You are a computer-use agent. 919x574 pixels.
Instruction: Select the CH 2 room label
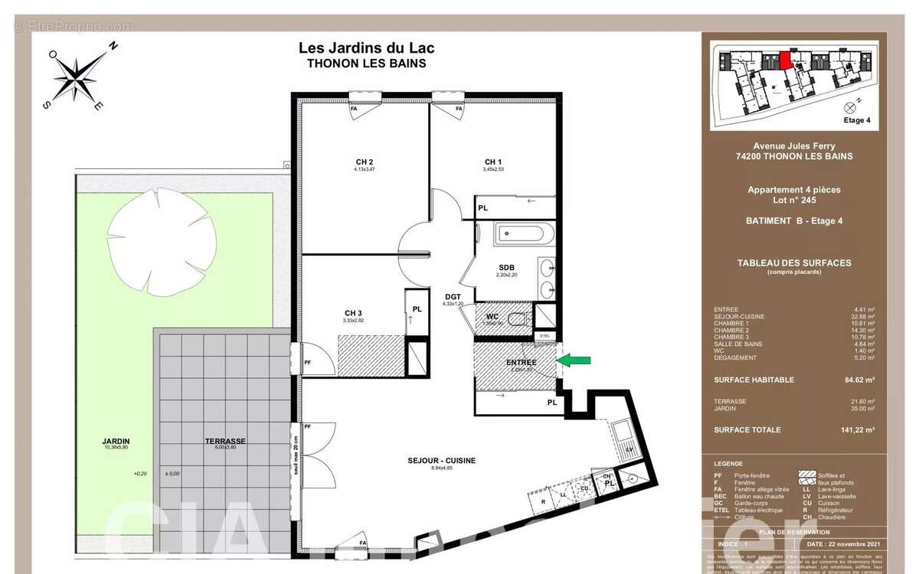(x=364, y=161)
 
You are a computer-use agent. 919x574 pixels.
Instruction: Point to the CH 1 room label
(x=493, y=161)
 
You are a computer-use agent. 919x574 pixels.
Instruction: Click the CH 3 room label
(x=353, y=312)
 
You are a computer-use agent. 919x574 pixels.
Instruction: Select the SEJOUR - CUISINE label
(x=442, y=460)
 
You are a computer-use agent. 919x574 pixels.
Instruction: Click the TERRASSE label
(x=224, y=442)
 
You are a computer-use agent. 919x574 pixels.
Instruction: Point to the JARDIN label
(x=116, y=442)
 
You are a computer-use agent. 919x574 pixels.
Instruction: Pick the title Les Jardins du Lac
(x=366, y=48)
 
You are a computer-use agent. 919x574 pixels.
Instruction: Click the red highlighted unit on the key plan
(x=787, y=60)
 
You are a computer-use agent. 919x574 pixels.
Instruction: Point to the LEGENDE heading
(x=728, y=464)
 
